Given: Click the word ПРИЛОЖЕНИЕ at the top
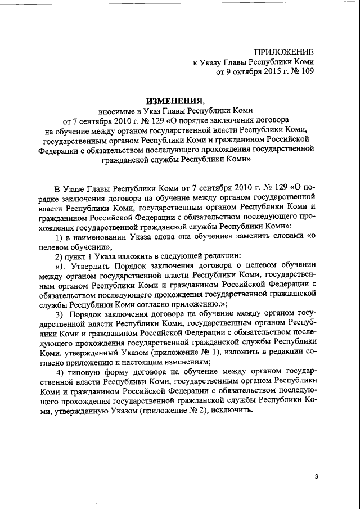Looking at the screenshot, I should click(285, 52).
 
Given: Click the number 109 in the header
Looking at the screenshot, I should click(307, 71).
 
